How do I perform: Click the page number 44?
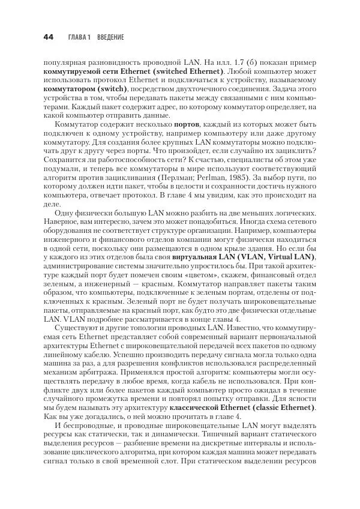click(x=49, y=37)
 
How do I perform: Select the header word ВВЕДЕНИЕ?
click(x=110, y=37)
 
